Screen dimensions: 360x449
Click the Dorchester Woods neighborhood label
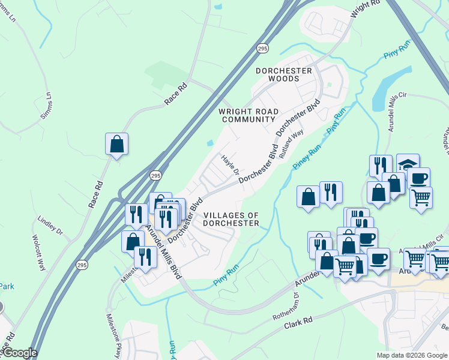(x=284, y=74)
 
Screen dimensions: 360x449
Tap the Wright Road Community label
(x=248, y=115)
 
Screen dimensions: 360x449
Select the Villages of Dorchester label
(x=231, y=219)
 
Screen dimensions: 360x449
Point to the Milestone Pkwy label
(x=113, y=329)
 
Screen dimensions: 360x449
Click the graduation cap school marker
(x=408, y=164)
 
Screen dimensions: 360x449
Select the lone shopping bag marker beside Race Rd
(x=116, y=145)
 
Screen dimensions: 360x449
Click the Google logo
(x=19, y=353)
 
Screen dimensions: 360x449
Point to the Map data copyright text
(x=412, y=355)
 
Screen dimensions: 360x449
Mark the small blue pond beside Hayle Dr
(x=209, y=143)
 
